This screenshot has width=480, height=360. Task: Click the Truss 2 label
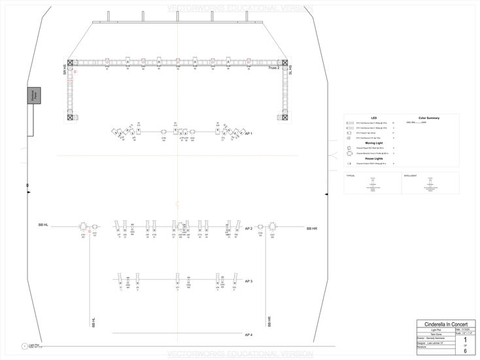point(273,67)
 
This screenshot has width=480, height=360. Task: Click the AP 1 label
point(247,133)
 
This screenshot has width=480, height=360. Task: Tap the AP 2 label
point(249,229)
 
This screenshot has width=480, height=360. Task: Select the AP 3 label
point(249,281)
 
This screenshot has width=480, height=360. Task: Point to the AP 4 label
point(249,335)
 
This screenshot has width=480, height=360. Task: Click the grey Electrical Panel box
point(33,96)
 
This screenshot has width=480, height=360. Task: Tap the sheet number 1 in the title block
point(465,340)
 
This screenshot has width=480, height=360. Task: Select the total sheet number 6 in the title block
point(465,352)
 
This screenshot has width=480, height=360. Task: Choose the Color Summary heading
point(428,118)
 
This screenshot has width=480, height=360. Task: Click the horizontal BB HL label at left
point(44,225)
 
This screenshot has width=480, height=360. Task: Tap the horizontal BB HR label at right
point(311,229)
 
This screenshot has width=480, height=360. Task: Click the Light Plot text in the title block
point(444,329)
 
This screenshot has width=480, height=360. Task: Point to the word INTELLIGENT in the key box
point(410,176)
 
